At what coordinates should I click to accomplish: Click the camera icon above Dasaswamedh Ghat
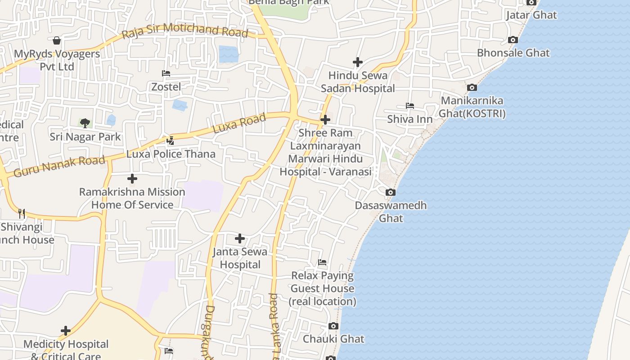(391, 193)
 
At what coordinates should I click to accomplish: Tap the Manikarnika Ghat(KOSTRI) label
(472, 107)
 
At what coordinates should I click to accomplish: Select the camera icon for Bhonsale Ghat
(513, 40)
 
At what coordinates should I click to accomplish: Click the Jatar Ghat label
(531, 15)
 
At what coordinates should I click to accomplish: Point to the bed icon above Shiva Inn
(409, 106)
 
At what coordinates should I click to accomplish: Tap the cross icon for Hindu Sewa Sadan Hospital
(358, 62)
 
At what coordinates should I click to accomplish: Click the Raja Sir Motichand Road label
(185, 31)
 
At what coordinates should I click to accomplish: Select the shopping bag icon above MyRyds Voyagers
(57, 41)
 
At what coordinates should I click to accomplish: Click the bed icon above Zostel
(166, 73)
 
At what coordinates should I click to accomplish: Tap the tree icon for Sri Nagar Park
(85, 123)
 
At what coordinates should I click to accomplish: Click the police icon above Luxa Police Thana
(170, 141)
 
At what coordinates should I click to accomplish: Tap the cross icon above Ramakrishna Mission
(132, 179)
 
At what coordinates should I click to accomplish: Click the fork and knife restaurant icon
(21, 213)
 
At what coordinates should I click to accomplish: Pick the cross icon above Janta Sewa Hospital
(240, 238)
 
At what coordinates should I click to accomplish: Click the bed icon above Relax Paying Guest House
(322, 262)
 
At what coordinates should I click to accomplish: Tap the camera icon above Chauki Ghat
(333, 326)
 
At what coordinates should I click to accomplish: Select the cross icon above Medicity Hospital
(66, 331)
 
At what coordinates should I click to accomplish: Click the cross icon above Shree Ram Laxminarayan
(325, 120)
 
